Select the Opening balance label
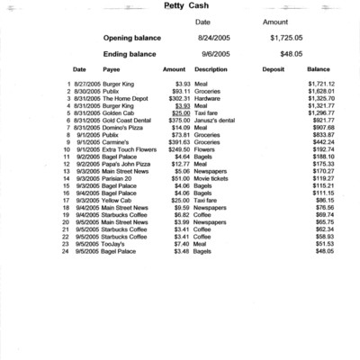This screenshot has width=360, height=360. [133, 39]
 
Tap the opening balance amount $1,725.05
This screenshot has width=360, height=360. [286, 39]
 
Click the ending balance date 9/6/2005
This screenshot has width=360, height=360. [214, 54]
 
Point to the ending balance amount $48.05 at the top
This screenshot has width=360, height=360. [290, 54]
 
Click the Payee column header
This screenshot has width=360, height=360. [112, 68]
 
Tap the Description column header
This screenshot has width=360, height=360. [211, 68]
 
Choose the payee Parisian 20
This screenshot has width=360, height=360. [119, 178]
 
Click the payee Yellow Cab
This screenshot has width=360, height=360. [118, 200]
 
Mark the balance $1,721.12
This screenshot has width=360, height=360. [320, 84]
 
